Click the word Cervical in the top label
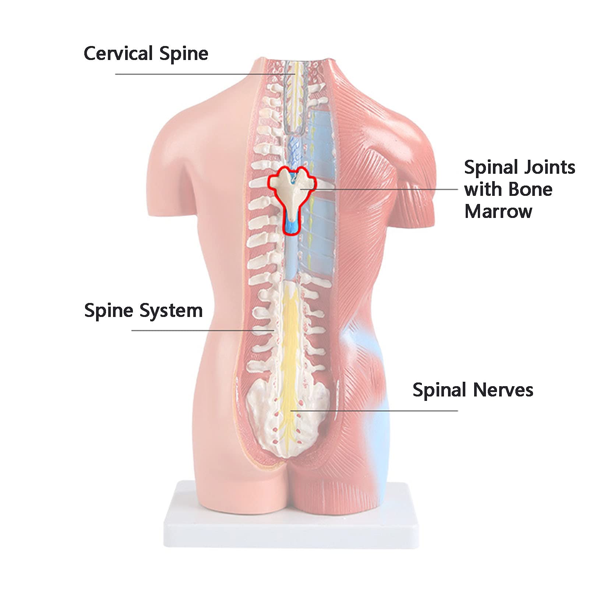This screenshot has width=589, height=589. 118,53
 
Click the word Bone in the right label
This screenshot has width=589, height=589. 530,190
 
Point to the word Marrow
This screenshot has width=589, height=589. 498,212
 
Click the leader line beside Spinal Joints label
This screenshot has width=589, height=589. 379,189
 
